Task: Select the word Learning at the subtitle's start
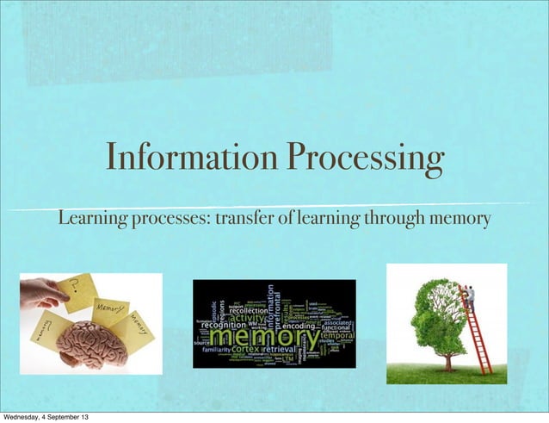pos(93,220)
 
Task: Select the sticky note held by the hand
pos(79,290)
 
